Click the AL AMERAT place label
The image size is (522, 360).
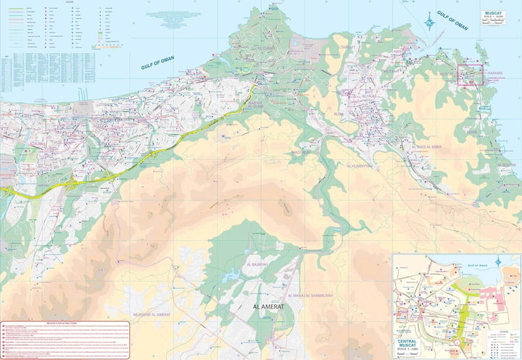click(268, 307)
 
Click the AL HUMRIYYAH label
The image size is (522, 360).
click(360, 166)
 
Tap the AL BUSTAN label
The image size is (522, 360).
click(507, 165)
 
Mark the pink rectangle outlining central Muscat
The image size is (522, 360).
click(470, 75)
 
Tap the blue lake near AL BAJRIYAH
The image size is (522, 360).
click(232, 275)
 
